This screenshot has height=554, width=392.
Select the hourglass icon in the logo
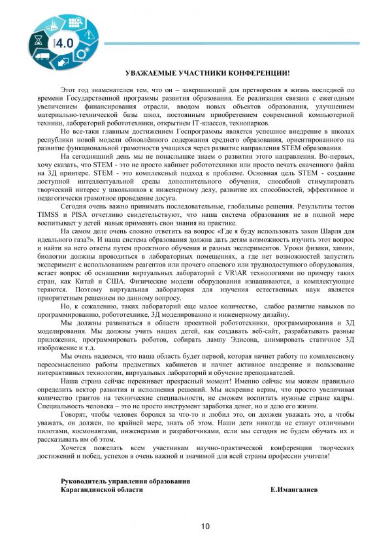pyautogui.click(x=37, y=40)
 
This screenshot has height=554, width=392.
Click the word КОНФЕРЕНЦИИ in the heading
pyautogui.click(x=258, y=74)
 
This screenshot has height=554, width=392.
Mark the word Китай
pyautogui.click(x=108, y=282)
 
